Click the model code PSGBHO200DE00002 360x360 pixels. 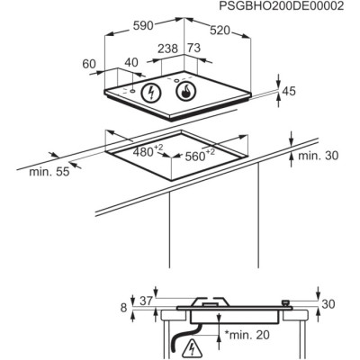click(281, 6)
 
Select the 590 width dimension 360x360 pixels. click(143, 26)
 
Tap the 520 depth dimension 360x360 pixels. click(220, 31)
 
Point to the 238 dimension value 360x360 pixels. click(168, 49)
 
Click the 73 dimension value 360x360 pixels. click(194, 48)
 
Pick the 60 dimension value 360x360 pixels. click(89, 64)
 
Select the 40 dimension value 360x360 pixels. click(131, 62)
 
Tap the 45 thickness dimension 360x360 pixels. click(289, 91)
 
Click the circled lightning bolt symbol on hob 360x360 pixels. click(151, 92)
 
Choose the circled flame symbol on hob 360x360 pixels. click(185, 91)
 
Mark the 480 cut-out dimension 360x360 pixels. click(148, 151)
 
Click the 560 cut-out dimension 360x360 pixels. click(200, 155)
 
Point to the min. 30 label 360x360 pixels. click(318, 156)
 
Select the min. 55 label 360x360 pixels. click(49, 172)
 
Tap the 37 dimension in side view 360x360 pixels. click(147, 301)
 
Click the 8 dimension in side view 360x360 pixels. click(123, 308)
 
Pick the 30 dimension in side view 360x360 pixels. click(328, 304)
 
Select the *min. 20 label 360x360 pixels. click(247, 335)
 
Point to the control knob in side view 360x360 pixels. click(287, 303)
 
